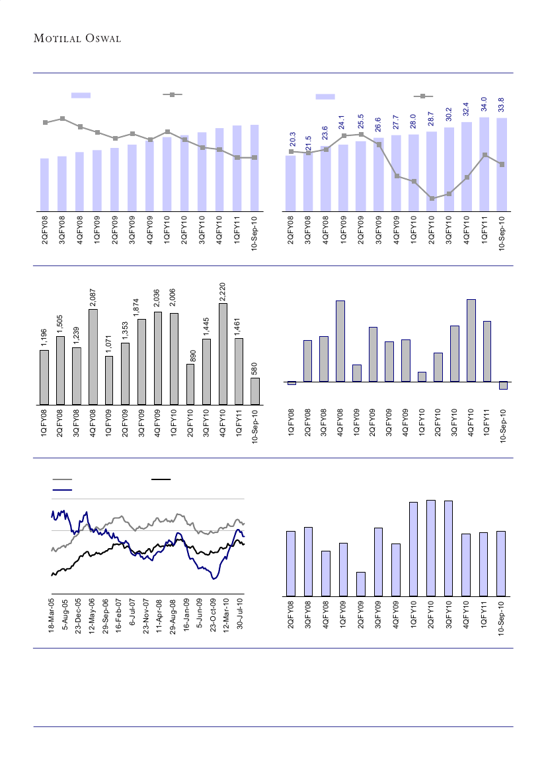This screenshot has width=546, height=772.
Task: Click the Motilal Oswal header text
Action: click(76, 38)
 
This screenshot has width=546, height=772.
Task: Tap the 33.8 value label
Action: click(501, 104)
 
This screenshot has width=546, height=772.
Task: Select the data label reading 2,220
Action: click(223, 289)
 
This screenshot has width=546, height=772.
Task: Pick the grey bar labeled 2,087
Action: click(93, 357)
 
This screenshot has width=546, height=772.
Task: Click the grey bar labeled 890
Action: click(190, 384)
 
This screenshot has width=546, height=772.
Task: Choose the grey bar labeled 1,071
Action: click(109, 380)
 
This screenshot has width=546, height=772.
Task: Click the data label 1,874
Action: click(141, 306)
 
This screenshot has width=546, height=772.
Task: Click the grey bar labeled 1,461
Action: click(239, 371)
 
